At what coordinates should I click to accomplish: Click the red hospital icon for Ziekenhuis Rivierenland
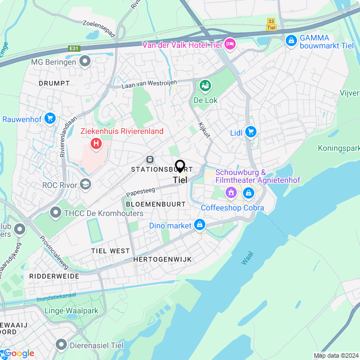click(96, 144)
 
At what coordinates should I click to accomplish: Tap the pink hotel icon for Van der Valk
click(230, 44)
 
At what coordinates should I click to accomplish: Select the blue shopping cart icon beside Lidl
click(251, 133)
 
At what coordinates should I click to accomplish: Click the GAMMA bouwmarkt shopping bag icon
click(291, 40)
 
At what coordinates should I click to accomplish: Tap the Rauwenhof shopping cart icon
click(50, 119)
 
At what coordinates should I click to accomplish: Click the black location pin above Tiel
click(180, 166)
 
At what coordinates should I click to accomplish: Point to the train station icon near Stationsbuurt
click(150, 159)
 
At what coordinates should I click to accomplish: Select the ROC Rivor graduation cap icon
click(85, 184)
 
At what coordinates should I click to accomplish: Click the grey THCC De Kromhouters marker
click(55, 213)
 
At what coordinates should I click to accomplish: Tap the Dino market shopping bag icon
click(199, 226)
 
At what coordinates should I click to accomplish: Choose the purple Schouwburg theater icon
click(230, 193)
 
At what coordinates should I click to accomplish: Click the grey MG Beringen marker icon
click(85, 61)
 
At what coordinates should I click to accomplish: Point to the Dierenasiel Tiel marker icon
click(61, 344)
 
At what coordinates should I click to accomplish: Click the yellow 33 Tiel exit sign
click(271, 24)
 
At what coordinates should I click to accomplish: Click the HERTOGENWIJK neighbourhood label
click(163, 259)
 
